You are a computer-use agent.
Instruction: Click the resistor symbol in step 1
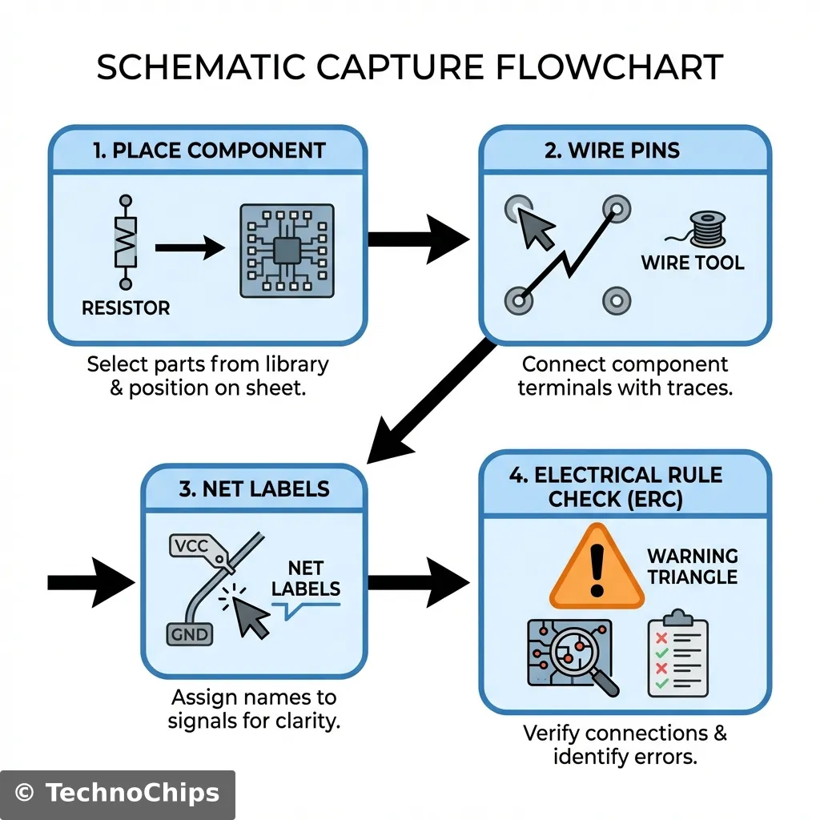[125, 241]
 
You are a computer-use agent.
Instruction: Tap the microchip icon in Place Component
[287, 251]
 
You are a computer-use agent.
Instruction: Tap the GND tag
[190, 635]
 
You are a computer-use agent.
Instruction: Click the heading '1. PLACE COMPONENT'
[209, 151]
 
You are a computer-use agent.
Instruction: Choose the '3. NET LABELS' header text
[254, 488]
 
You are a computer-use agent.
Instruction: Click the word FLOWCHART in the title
[609, 68]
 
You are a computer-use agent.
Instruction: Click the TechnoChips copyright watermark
[117, 794]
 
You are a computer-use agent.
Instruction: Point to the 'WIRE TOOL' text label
[693, 263]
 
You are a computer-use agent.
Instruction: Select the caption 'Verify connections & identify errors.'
[625, 745]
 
